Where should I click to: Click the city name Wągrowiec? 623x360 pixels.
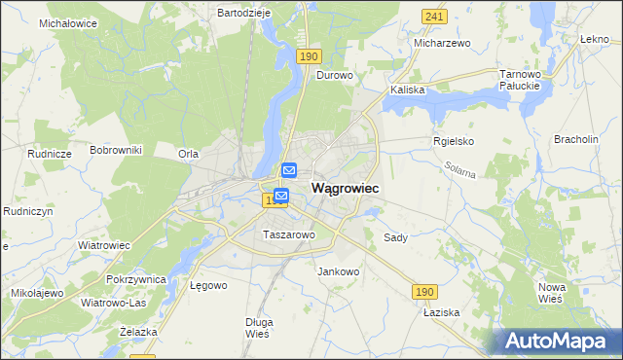click(x=345, y=187)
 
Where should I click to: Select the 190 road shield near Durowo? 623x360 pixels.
click(x=309, y=57)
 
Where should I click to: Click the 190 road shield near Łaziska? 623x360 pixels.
click(x=422, y=291)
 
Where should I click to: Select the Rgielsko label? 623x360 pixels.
click(x=453, y=141)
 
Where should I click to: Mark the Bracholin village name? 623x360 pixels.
click(x=575, y=139)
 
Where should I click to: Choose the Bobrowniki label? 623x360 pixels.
click(x=116, y=150)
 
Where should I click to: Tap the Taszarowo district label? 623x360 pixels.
click(x=288, y=234)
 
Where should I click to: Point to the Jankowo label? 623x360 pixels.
click(x=339, y=271)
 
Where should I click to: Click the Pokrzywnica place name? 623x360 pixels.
click(x=137, y=279)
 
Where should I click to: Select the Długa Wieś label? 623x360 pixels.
click(x=258, y=327)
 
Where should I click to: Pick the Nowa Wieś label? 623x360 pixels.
click(x=552, y=293)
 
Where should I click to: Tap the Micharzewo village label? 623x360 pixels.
click(x=442, y=44)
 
